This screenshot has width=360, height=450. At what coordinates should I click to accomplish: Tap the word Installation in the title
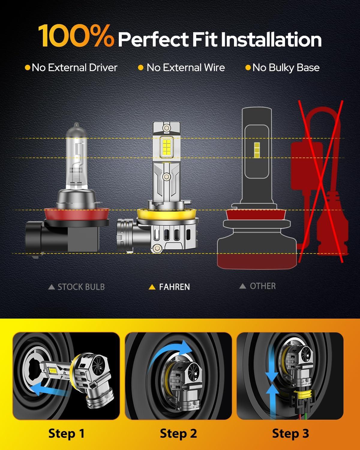[271, 39]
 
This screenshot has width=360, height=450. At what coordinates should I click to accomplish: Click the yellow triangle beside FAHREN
[152, 287]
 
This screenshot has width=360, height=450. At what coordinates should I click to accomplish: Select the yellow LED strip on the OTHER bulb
[257, 150]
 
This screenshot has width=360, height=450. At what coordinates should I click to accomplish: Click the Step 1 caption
[66, 433]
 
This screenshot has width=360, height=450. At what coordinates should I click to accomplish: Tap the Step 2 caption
[178, 433]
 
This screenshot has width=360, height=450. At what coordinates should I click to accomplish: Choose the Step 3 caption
[290, 433]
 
